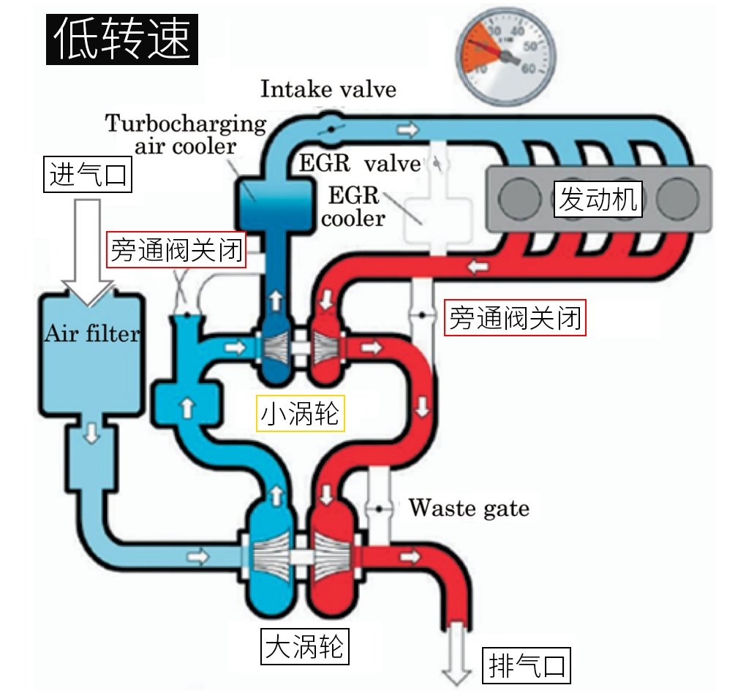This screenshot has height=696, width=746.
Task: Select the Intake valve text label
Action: coord(328,89)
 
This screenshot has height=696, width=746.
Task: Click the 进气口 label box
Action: coord(88,175)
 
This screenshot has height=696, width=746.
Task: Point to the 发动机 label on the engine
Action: coord(598,199)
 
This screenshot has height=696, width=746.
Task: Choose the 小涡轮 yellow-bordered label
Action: coord(301,414)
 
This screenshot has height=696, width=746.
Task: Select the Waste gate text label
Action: coord(469,507)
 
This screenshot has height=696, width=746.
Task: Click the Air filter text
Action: coord(91,335)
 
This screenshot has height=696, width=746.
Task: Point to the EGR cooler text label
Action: coord(353,207)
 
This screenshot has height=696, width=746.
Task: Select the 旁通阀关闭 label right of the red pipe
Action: coord(515,319)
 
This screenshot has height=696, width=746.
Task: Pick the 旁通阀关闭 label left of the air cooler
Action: coord(176,251)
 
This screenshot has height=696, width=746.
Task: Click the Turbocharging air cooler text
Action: coord(186,133)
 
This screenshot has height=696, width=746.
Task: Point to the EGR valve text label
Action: coord(360,162)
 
